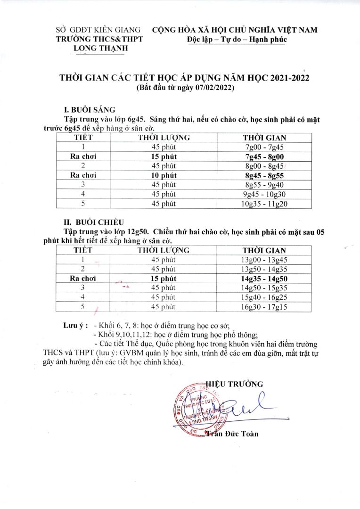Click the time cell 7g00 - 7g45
(x=264, y=147)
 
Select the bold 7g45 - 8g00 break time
(x=264, y=156)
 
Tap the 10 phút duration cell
(x=164, y=175)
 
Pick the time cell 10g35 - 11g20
(x=264, y=204)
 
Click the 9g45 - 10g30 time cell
(x=264, y=194)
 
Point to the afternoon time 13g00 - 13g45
(x=264, y=260)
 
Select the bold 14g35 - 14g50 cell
(x=264, y=279)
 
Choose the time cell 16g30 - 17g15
(x=264, y=307)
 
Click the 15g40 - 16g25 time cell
(x=264, y=297)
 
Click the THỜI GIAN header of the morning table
(x=264, y=138)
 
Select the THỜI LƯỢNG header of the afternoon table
(x=164, y=250)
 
